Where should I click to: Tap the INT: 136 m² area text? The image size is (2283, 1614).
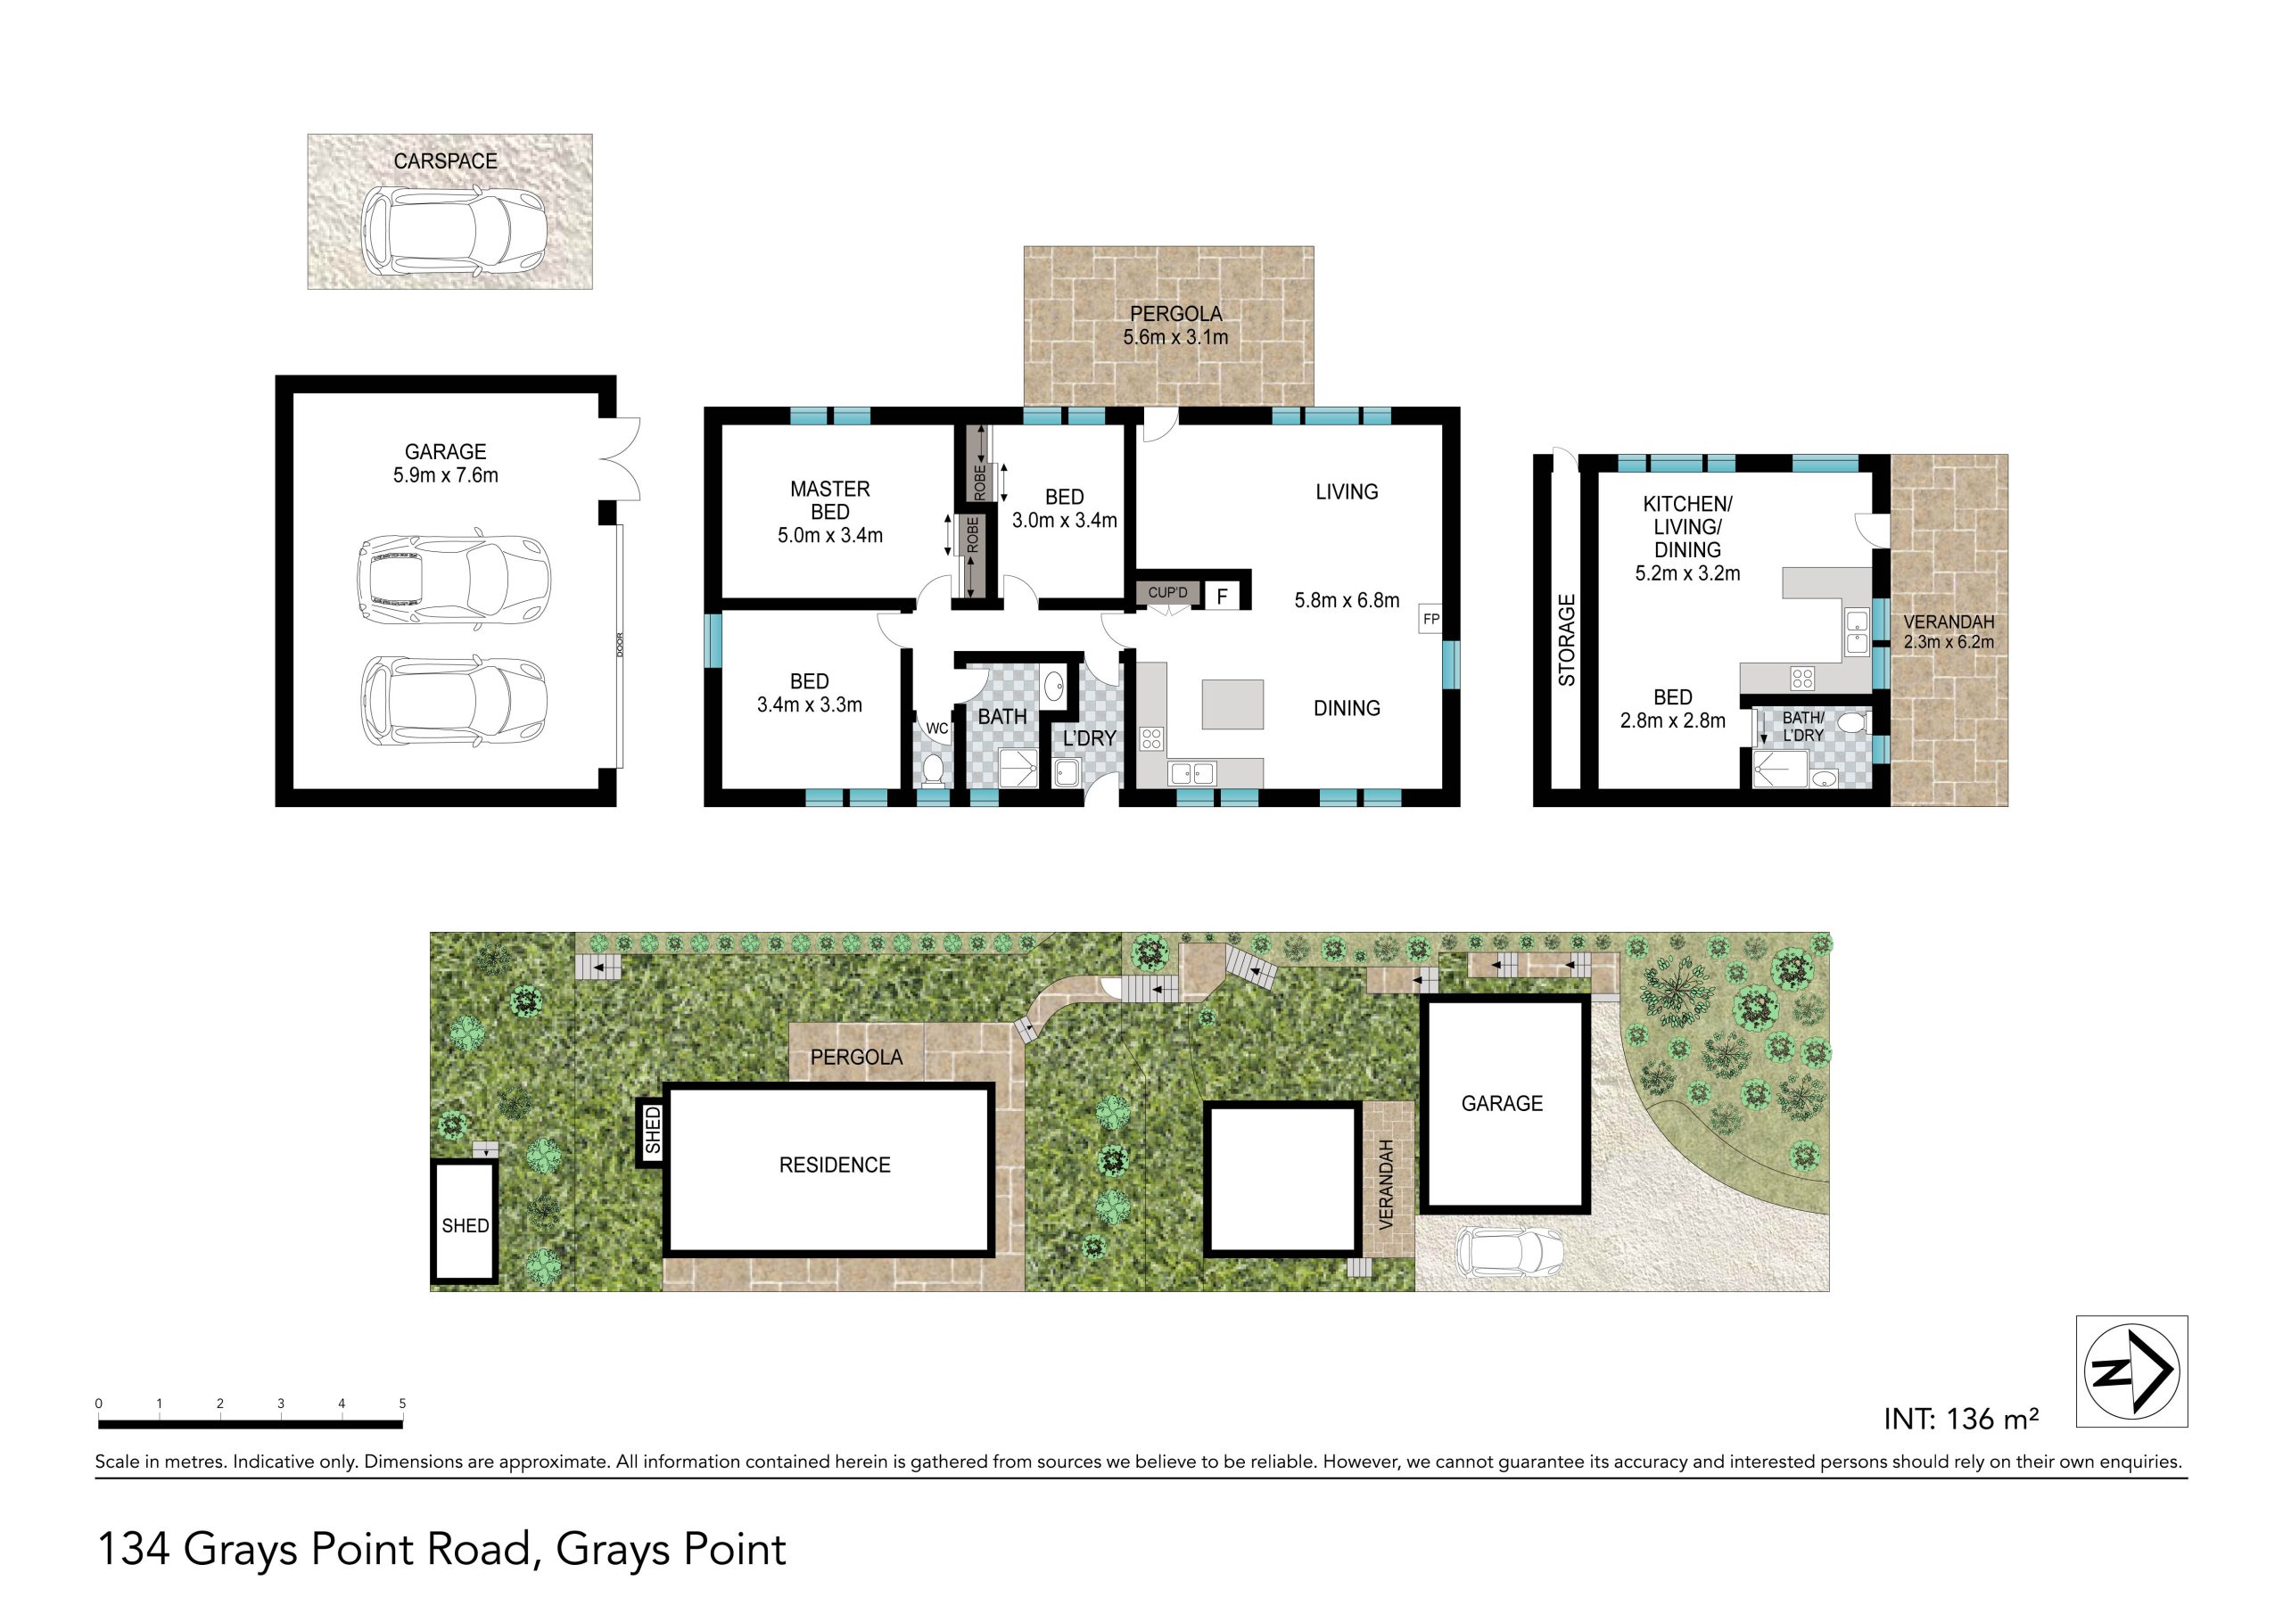click(x=1961, y=1418)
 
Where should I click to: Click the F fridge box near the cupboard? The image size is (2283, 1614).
click(x=1222, y=597)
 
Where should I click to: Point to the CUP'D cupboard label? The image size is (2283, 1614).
click(x=1167, y=593)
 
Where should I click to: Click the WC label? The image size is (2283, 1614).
click(x=936, y=728)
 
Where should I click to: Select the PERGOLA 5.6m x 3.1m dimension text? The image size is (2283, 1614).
click(x=1175, y=325)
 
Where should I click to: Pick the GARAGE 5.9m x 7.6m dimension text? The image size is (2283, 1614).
click(x=446, y=464)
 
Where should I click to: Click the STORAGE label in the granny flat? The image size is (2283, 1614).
click(x=1567, y=639)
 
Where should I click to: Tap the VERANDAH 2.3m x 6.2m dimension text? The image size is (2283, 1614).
click(x=1948, y=631)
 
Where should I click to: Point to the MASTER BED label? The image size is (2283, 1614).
click(x=830, y=500)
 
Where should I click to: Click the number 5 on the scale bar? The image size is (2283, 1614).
click(x=403, y=1404)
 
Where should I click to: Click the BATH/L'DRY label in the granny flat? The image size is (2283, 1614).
click(x=1802, y=726)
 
